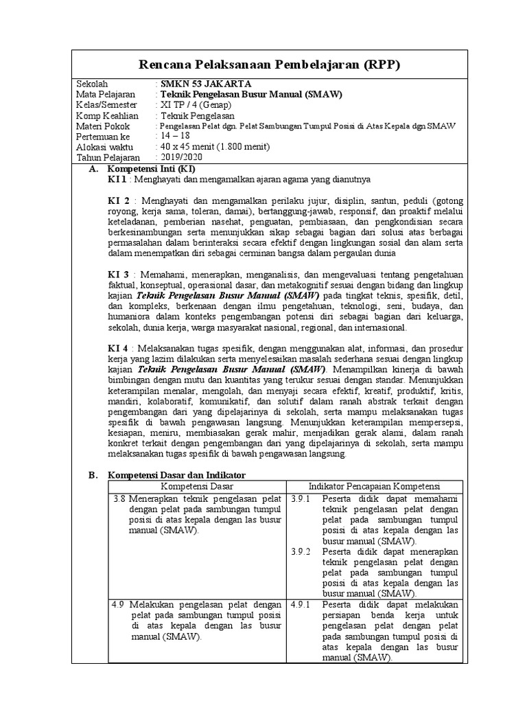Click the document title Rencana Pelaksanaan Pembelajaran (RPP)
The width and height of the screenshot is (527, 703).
pos(269,65)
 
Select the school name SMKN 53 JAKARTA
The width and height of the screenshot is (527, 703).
pos(202,84)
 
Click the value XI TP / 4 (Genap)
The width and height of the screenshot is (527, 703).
pos(196,105)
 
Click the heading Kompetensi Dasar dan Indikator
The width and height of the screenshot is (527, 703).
pos(176,475)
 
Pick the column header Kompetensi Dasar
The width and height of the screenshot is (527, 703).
pos(197,486)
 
